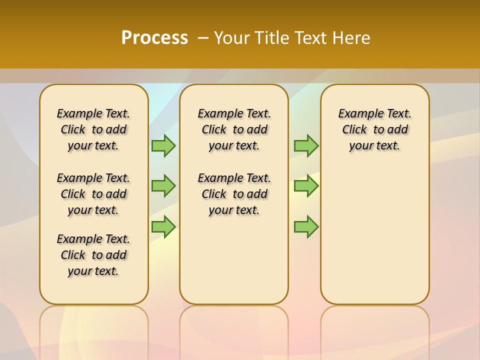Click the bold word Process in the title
pos(154,37)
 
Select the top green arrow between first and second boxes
pos(163,145)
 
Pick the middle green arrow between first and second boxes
pos(163,186)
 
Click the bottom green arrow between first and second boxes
pos(163,227)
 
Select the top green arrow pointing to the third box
pos(306,145)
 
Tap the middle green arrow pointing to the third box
pos(306,186)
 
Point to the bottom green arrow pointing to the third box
pos(306,227)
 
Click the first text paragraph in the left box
pos(93,129)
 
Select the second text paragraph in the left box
pos(93,194)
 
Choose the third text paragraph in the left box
pos(93,255)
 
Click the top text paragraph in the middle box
pos(234,129)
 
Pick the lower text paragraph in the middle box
pos(234,194)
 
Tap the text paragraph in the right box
pos(374,129)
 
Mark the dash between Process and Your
pos(203,37)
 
